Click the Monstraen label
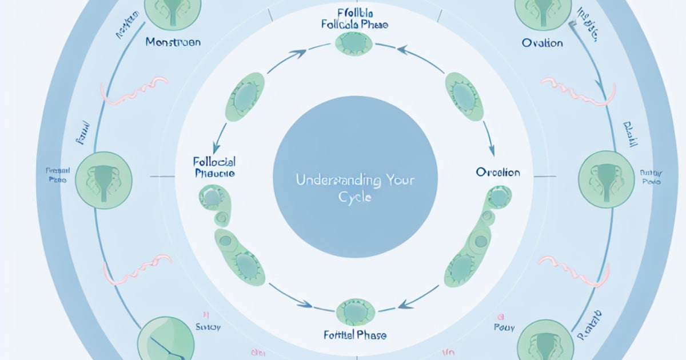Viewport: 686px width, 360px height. click(x=173, y=42)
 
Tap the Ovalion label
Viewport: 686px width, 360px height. click(x=543, y=43)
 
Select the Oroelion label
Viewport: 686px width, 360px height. click(x=498, y=172)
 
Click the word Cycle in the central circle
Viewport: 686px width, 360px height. click(x=355, y=197)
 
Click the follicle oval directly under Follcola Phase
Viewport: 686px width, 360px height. click(x=353, y=43)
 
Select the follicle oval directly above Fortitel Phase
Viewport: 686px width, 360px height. click(x=356, y=311)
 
